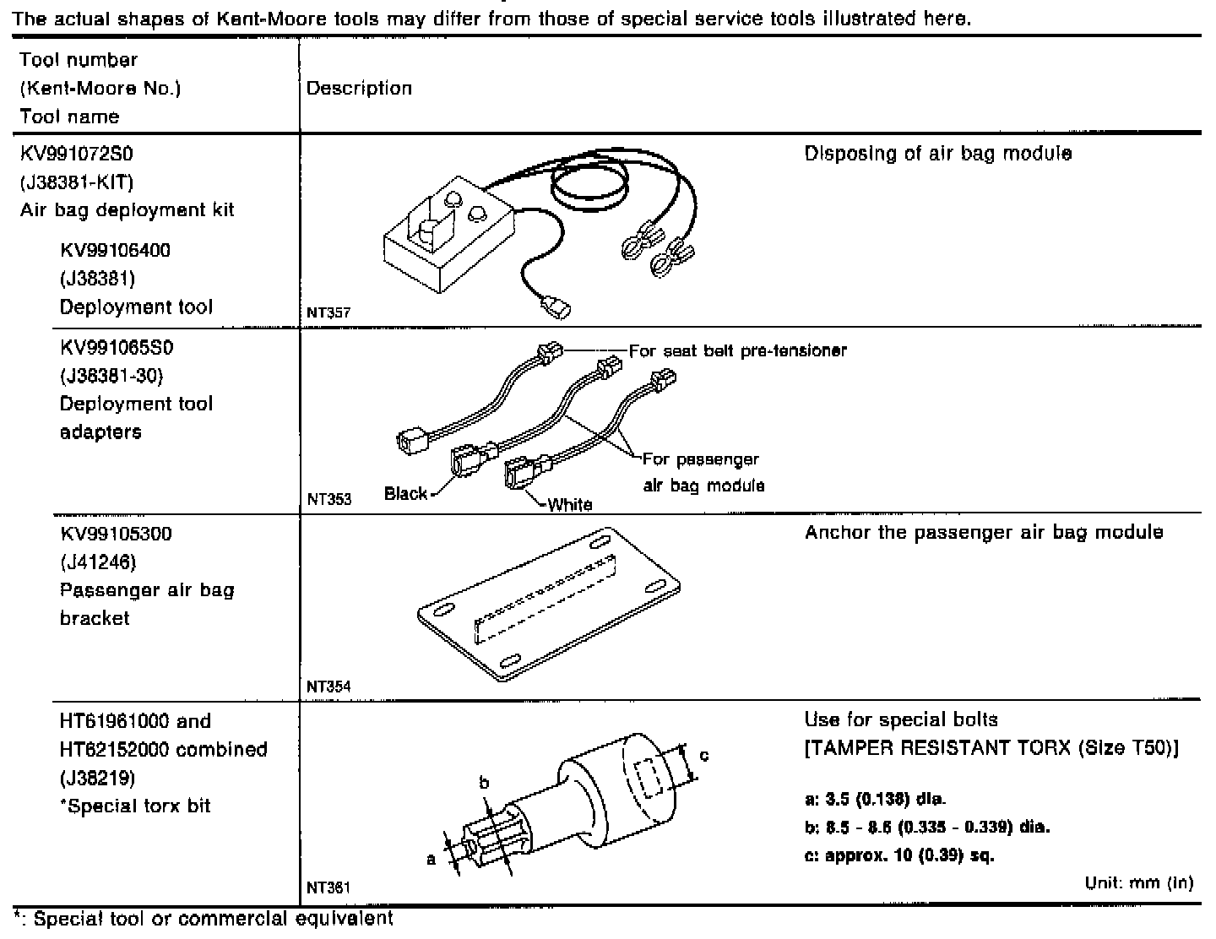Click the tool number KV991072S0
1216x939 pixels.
[x=77, y=154]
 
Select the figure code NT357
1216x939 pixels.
[x=328, y=312]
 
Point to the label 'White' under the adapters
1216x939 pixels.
[x=570, y=504]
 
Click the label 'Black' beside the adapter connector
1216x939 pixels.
[x=405, y=493]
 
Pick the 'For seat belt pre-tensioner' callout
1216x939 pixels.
[x=738, y=350]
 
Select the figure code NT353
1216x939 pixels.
[x=328, y=499]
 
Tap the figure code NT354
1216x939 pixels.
[x=328, y=687]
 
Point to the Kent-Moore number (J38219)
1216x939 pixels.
[x=97, y=777]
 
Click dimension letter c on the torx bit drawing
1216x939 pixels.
[x=704, y=754]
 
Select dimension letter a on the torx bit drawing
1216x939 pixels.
[x=431, y=859]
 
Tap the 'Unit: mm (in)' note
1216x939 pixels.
[x=1138, y=883]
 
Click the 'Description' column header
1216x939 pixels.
[x=359, y=89]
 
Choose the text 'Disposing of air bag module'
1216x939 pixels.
[x=937, y=154]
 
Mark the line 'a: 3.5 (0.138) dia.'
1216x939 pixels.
[x=875, y=798]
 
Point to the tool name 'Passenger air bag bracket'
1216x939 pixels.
[x=147, y=604]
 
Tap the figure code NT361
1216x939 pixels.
[x=328, y=887]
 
